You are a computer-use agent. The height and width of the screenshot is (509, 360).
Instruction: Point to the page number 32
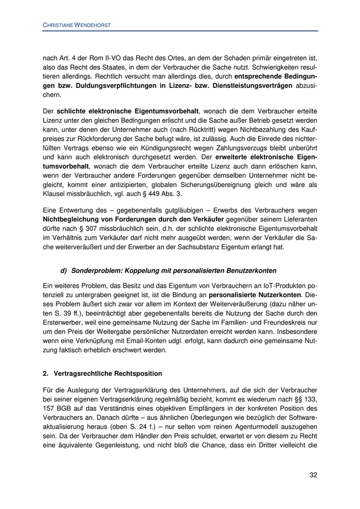coord(313,475)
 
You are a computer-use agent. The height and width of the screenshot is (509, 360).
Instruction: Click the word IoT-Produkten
coord(285,284)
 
